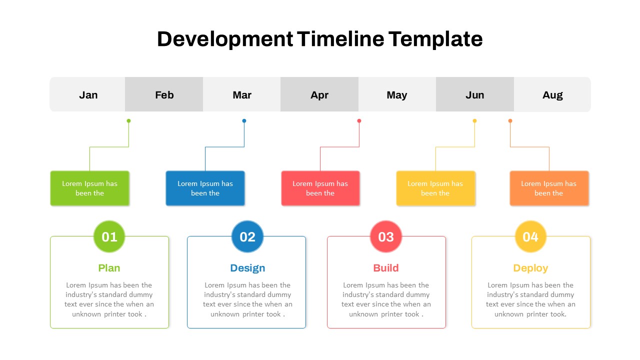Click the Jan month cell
[88, 94]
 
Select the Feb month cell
[164, 94]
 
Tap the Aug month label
[552, 95]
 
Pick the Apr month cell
[319, 94]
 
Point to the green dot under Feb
[128, 120]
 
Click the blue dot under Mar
[244, 120]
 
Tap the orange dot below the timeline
[510, 120]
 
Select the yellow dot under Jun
[474, 120]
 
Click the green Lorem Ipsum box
[89, 188]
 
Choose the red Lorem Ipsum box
[320, 188]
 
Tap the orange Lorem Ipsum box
[549, 188]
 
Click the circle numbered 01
[109, 236]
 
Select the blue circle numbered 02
[247, 236]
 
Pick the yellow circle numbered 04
[530, 236]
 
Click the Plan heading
[109, 268]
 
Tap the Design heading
[247, 268]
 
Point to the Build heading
[386, 268]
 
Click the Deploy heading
[530, 268]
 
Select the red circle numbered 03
[386, 236]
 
